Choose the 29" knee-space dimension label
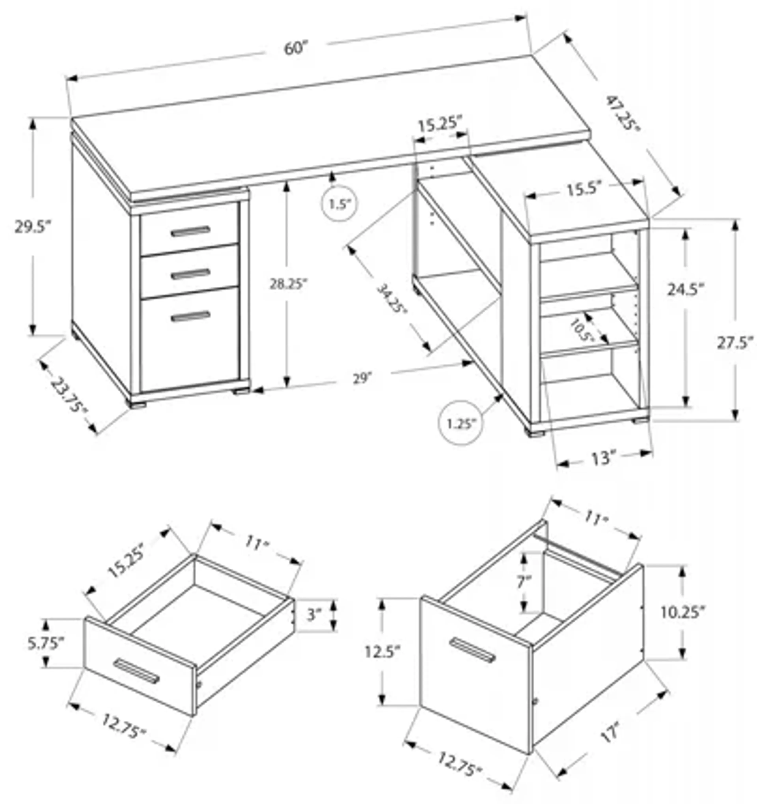click(362, 379)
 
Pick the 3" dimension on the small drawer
click(313, 615)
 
